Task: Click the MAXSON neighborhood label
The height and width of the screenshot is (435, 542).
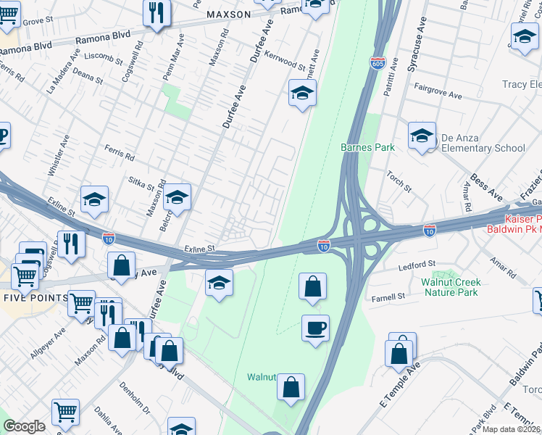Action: pos(228,14)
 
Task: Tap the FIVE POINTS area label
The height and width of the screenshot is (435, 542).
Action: pos(36,298)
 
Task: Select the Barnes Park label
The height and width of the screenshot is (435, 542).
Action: pos(367,147)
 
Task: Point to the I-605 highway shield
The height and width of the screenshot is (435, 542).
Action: pos(378,63)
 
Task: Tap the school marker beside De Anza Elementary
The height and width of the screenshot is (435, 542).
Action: pos(422,136)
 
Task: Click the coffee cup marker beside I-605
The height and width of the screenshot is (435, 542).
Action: pos(315,328)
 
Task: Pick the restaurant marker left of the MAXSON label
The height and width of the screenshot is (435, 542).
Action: pos(157,13)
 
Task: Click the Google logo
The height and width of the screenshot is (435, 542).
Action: pos(24,426)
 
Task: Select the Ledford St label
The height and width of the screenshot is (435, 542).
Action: pos(417,265)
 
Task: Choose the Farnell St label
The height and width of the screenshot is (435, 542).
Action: pos(388,297)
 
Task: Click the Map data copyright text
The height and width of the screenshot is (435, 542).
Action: pos(513,428)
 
